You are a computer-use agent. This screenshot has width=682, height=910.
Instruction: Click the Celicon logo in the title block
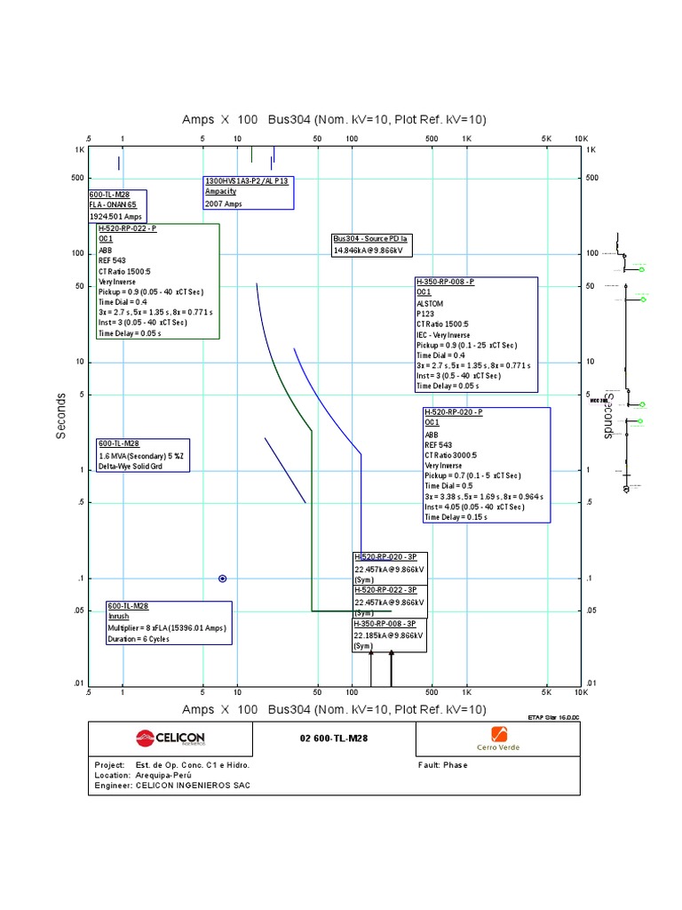170,738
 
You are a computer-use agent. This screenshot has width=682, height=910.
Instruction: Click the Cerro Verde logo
498,738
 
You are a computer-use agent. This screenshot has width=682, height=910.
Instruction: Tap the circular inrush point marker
223,579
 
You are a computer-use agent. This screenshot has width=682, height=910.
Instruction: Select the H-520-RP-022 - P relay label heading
127,228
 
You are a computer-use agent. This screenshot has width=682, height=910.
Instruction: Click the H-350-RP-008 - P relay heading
445,282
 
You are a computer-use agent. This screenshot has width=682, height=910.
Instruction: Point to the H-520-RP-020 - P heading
453,412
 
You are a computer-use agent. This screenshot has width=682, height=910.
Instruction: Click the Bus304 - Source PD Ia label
370,239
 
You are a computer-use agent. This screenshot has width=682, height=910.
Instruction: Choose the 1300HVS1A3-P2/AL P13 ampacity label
247,180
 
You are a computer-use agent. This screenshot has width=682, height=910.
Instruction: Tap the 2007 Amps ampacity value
223,204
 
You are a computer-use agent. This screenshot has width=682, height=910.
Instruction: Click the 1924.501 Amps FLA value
115,216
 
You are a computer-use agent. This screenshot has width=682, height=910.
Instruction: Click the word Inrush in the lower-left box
118,616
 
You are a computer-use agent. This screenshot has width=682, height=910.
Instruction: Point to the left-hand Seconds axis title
61,416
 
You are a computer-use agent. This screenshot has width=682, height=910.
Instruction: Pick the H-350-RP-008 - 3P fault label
385,624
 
